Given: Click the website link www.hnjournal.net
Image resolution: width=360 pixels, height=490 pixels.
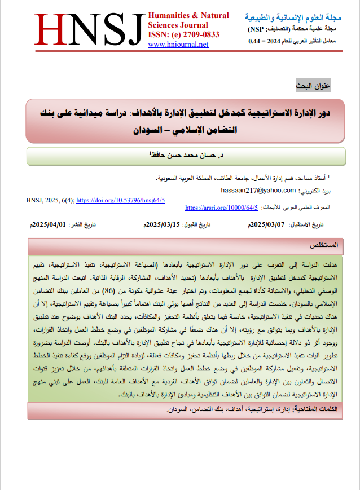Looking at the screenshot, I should (178, 45).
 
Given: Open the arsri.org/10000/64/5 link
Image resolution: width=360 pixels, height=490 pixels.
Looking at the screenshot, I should (221, 208).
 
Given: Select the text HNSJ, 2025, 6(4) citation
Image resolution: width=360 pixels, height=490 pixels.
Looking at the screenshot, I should (50, 200).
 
